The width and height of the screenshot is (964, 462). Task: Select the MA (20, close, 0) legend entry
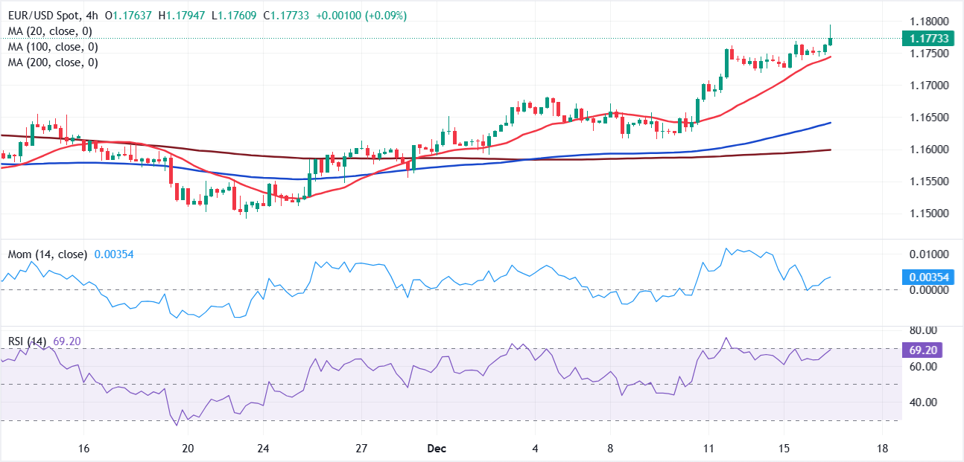[x=50, y=31]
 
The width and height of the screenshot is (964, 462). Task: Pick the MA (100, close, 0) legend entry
[x=53, y=47]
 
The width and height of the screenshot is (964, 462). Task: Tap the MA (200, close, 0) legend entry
[x=53, y=62]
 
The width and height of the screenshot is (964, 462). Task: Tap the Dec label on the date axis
[x=437, y=449]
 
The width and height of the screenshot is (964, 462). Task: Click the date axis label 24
[x=262, y=449]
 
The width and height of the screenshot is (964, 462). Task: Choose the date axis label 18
[x=883, y=449]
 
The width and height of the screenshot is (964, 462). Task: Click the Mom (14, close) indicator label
[x=47, y=254]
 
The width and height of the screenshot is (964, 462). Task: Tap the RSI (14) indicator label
[x=27, y=341]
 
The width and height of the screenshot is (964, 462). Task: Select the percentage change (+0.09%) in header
[x=320, y=16]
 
